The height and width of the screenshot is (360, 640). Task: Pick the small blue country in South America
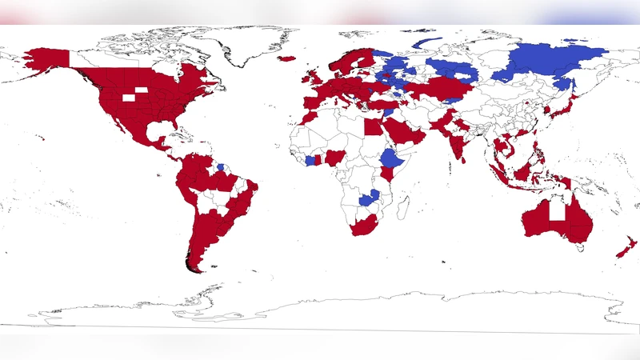pyautogui.click(x=221, y=167)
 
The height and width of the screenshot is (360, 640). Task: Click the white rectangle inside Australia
pyautogui.click(x=557, y=210)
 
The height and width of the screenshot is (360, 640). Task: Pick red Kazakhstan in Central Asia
pyautogui.click(x=448, y=85)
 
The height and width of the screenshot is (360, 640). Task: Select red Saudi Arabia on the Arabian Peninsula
pyautogui.click(x=404, y=133)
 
